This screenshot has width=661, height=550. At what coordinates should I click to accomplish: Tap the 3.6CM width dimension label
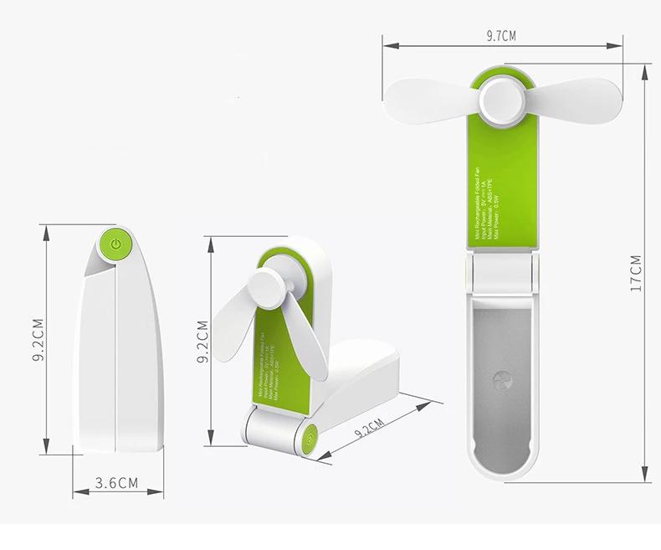click(x=116, y=483)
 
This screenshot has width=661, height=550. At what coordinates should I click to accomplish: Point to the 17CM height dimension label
click(x=638, y=272)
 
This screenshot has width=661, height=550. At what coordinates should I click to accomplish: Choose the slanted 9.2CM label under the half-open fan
click(x=369, y=429)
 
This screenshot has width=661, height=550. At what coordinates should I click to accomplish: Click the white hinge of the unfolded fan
click(x=500, y=273)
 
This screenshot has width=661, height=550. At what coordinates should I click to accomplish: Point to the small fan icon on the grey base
click(x=502, y=380)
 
